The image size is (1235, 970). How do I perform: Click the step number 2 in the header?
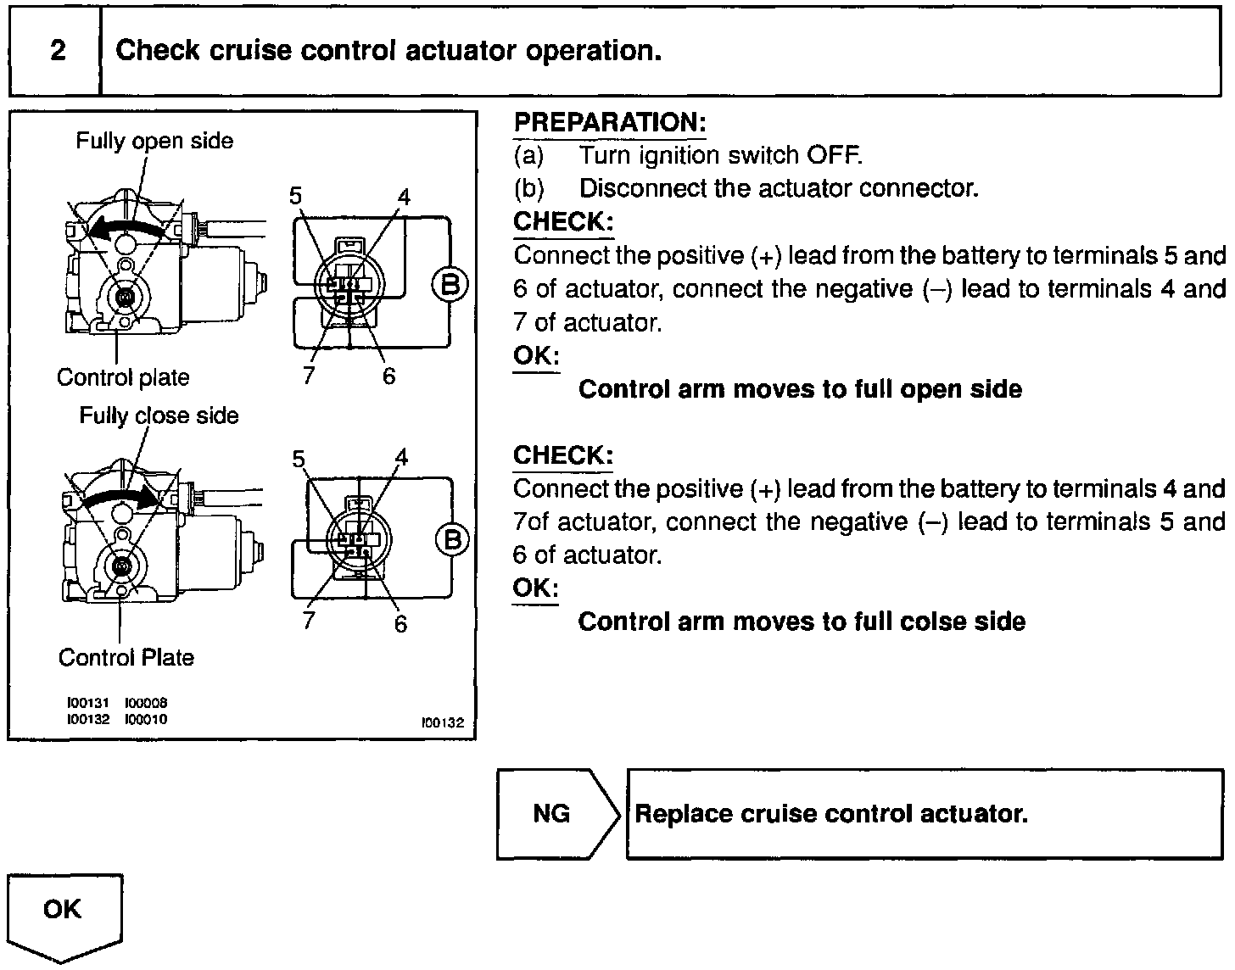point(57,51)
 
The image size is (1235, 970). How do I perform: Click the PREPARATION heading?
point(609,122)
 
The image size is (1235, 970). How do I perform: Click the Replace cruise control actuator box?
point(924,814)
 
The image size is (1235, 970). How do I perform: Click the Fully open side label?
point(154,141)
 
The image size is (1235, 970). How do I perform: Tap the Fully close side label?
point(159,415)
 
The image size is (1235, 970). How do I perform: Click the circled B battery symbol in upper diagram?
point(450,284)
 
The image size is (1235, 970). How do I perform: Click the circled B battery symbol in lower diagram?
point(451,539)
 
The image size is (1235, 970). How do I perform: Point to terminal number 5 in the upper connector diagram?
point(295,196)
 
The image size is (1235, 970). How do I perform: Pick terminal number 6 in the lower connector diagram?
point(400,624)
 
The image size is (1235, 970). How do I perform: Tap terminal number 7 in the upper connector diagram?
point(309,375)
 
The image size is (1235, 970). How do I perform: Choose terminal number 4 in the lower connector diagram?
point(401,458)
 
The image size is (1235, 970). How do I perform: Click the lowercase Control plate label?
point(123,377)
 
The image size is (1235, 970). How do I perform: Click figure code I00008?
point(146,703)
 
